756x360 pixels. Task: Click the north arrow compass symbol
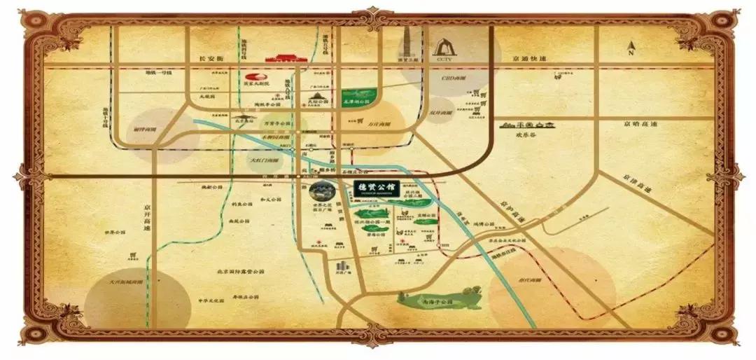point(631,48)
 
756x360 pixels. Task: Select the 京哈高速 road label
point(640,125)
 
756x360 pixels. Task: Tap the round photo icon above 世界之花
point(323,190)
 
